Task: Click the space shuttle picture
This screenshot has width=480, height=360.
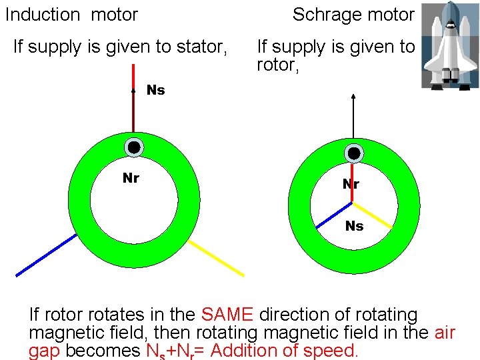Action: pyautogui.click(x=450, y=45)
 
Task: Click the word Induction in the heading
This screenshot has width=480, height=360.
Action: pyautogui.click(x=43, y=14)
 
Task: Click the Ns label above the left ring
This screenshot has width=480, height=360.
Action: pyautogui.click(x=155, y=90)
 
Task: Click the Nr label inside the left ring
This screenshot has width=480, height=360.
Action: pyautogui.click(x=131, y=178)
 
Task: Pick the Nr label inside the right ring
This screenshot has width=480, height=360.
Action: pyautogui.click(x=351, y=185)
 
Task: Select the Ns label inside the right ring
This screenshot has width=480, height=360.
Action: pyautogui.click(x=354, y=227)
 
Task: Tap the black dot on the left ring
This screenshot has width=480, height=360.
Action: pyautogui.click(x=134, y=147)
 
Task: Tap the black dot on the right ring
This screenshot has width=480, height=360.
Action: pyautogui.click(x=354, y=153)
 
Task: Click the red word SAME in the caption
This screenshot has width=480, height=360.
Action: pyautogui.click(x=227, y=315)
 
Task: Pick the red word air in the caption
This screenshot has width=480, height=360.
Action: pyautogui.click(x=444, y=333)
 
